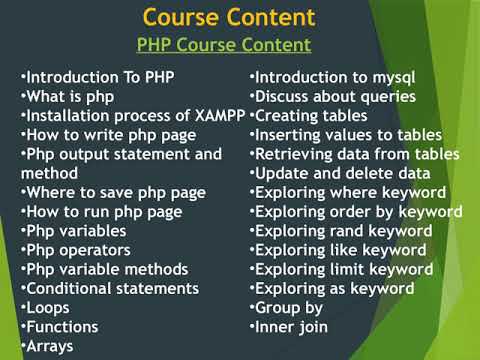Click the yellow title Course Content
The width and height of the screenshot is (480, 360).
point(229,17)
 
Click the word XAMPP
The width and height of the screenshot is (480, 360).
point(219,116)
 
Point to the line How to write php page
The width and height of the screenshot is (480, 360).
point(104,135)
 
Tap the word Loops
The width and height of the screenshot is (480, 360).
point(48,307)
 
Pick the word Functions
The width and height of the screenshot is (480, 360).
point(62,326)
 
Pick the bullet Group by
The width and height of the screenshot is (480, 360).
point(289,307)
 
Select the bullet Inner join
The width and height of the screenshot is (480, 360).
point(292,326)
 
